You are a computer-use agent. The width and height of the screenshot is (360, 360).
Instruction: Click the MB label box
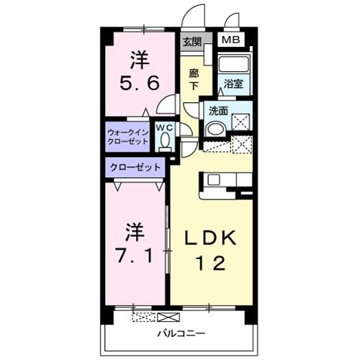pyautogui.click(x=230, y=40)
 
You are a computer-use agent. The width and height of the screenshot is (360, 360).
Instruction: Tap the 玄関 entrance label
pyautogui.click(x=192, y=42)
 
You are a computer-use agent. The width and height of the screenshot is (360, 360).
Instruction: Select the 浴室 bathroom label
pyautogui.click(x=233, y=84)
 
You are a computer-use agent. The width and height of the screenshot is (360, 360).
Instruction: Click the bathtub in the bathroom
pyautogui.click(x=234, y=63)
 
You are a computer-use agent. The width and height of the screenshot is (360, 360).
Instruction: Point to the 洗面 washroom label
pyautogui.click(x=218, y=111)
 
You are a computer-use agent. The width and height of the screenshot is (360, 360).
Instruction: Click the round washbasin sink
pyautogui.click(x=216, y=129)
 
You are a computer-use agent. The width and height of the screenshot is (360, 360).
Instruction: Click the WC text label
pyautogui.click(x=165, y=127)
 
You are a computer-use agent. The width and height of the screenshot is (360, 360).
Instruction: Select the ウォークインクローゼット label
pyautogui.click(x=127, y=137)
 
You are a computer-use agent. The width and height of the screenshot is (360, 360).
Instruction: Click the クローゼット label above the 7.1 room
pyautogui.click(x=135, y=167)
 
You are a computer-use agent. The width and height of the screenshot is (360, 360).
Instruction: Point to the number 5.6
pyautogui.click(x=139, y=83)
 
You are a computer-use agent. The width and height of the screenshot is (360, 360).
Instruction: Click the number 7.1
pyautogui.click(x=134, y=256)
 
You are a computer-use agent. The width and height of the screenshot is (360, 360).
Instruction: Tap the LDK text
pyautogui.click(x=210, y=238)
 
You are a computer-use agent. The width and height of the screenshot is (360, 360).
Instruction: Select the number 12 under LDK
pyautogui.click(x=211, y=264)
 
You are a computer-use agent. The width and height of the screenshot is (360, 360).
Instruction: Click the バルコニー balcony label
pyautogui.click(x=181, y=333)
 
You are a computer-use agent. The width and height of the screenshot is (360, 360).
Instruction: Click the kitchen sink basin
pyautogui.click(x=214, y=179)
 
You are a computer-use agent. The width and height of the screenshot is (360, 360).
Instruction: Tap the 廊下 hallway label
pyautogui.click(x=194, y=80)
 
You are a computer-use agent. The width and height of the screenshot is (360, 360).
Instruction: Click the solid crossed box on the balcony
pyautogui.click(x=168, y=317)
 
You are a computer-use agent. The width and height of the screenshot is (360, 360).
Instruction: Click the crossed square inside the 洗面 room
pyautogui.click(x=240, y=122)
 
